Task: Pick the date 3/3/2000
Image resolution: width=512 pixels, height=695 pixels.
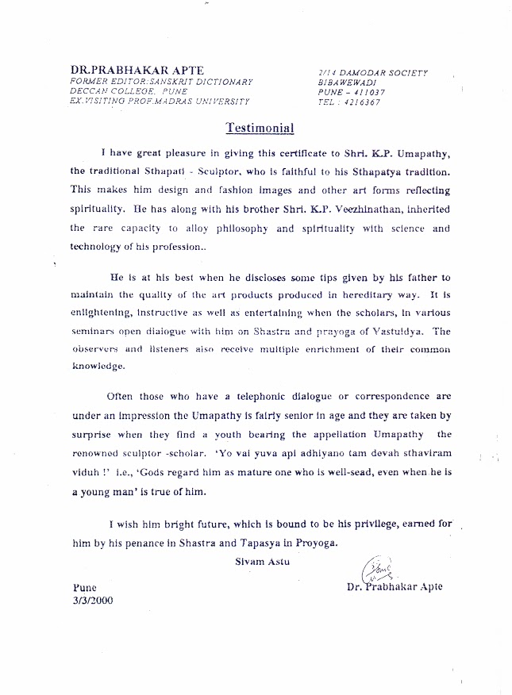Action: pos(93,600)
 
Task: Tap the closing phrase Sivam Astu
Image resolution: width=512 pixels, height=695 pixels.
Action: pos(256,562)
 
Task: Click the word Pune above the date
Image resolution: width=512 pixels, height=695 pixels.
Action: pos(84,588)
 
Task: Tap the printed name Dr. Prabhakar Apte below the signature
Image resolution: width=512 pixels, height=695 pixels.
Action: pos(395,587)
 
